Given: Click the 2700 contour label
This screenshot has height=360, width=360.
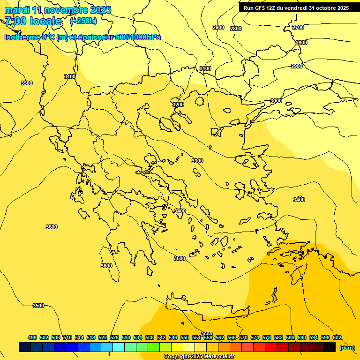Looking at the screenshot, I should point(298,27).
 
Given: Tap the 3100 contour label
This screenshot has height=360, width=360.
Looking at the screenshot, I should point(205,68).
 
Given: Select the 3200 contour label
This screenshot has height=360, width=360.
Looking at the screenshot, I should point(178,105).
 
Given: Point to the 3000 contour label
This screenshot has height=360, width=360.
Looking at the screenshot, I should point(276,101).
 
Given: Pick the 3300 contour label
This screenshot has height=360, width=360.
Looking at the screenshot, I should point(197,161).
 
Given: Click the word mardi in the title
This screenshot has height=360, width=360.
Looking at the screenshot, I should point(16,10).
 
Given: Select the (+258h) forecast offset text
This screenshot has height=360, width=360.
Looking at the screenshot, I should point(83,21).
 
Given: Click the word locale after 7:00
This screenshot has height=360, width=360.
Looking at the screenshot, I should point(45,21).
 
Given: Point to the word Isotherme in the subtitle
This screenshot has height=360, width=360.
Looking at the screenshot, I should point(22,37).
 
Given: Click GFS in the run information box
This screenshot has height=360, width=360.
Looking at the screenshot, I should point(260,8).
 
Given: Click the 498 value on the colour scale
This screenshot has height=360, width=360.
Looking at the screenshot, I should point(32,337).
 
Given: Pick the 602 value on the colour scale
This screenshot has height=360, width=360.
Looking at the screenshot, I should point(337,337).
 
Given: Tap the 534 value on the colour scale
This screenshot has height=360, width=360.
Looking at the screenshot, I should point(138,337).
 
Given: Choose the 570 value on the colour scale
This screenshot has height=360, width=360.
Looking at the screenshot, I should point(243,337).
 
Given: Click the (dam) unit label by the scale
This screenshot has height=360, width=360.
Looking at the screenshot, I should point(347,347).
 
